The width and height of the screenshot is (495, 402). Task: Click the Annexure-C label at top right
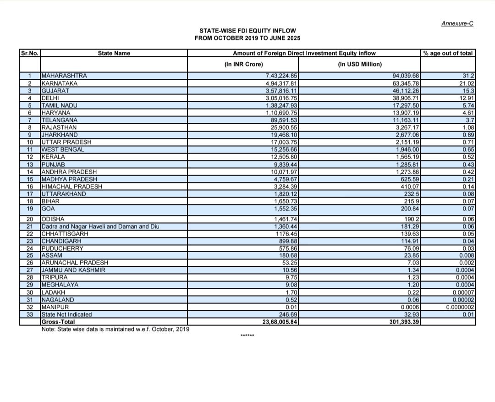pyautogui.click(x=457, y=23)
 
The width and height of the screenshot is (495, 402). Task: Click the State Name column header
pyautogui.click(x=114, y=53)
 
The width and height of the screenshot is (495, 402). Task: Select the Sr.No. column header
pyautogui.click(x=29, y=53)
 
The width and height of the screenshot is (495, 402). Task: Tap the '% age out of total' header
pyautogui.click(x=448, y=53)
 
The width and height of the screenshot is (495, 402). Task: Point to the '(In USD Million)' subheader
pyautogui.click(x=360, y=64)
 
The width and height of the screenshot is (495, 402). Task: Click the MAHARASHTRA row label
pyautogui.click(x=64, y=76)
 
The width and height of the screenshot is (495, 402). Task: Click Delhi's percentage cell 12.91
pyautogui.click(x=466, y=98)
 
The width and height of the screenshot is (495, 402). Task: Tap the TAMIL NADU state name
pyautogui.click(x=59, y=105)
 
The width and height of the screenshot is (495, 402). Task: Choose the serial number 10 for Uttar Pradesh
pyautogui.click(x=29, y=142)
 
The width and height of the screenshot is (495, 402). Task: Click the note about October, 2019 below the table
pyautogui.click(x=115, y=329)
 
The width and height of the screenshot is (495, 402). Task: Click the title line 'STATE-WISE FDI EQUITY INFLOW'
pyautogui.click(x=248, y=31)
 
